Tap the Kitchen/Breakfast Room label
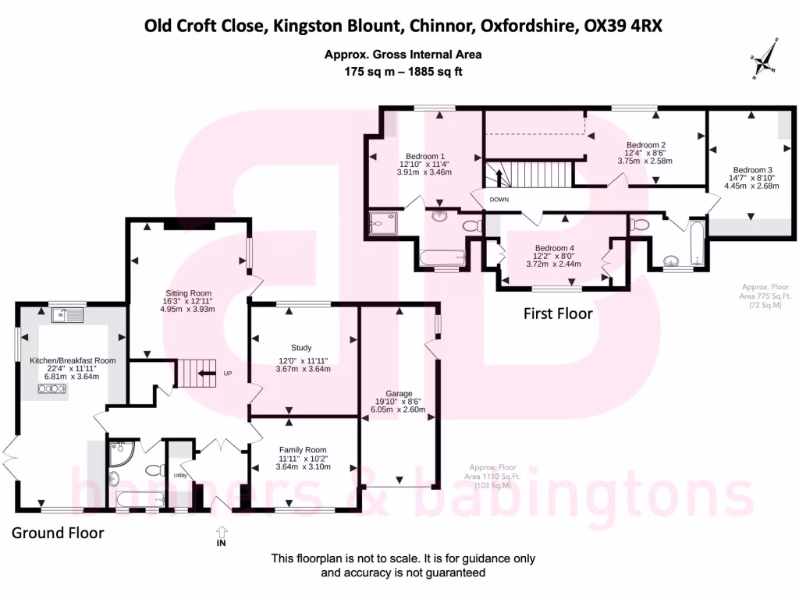73,360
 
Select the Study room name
301,348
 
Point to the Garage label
398,394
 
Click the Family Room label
303,450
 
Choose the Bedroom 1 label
425,155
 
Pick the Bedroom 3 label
752,170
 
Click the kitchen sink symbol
68,315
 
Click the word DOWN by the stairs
499,200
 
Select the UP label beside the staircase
228,374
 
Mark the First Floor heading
558,314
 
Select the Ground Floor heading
58,533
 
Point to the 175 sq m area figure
371,71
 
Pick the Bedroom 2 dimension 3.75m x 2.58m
645,161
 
